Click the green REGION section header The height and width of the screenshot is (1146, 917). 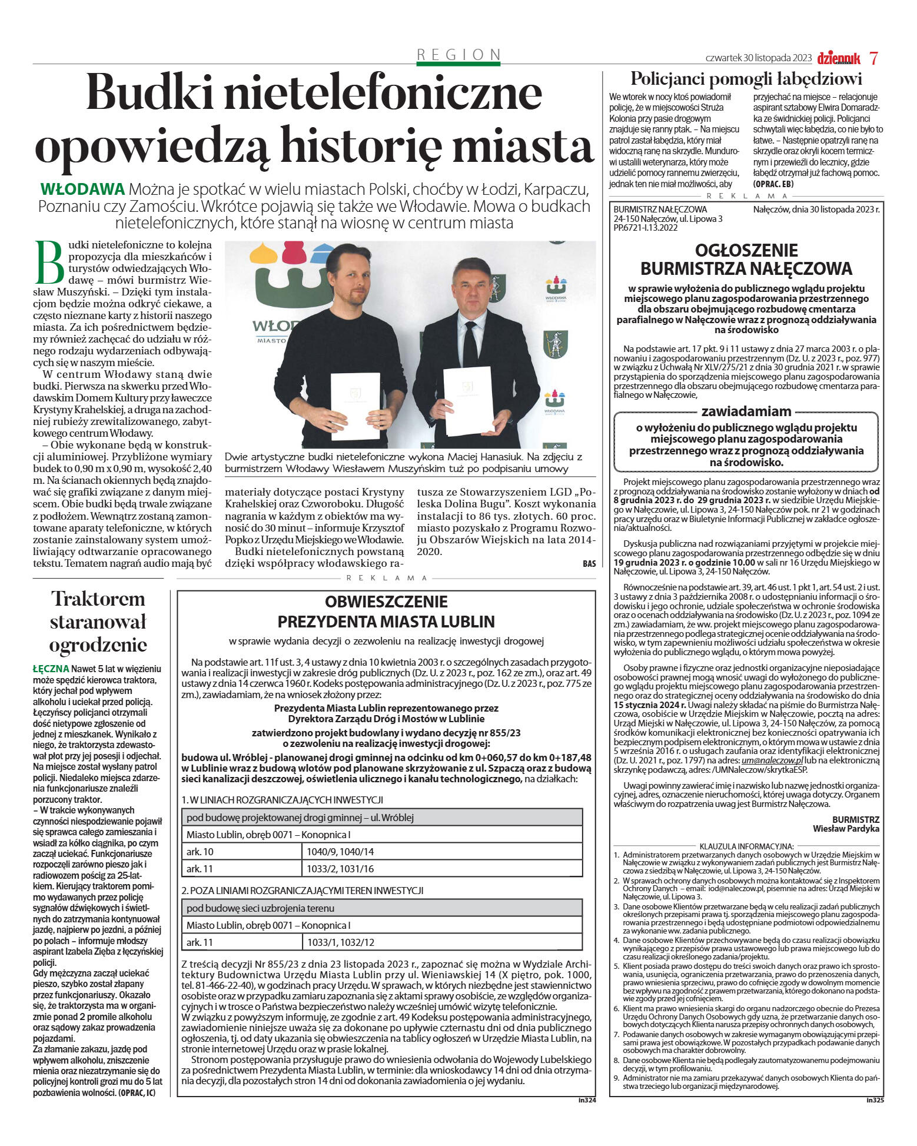(x=458, y=55)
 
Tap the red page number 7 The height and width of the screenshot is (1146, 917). (x=873, y=58)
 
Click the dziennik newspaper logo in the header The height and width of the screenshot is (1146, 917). (x=838, y=58)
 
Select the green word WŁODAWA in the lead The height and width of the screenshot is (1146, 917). (x=82, y=190)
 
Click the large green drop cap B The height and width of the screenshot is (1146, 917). (x=49, y=262)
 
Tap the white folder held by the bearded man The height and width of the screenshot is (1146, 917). (x=355, y=406)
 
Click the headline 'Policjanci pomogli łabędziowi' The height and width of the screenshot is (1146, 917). (x=746, y=79)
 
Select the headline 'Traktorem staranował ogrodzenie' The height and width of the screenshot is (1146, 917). (x=98, y=622)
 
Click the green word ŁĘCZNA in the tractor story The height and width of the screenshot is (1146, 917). (x=51, y=669)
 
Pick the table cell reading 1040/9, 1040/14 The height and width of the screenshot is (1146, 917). (x=340, y=852)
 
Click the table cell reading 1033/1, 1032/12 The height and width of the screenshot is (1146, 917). (x=340, y=942)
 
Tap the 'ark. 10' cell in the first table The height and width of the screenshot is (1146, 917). (x=200, y=852)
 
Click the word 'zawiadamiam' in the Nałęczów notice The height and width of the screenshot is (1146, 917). (x=746, y=411)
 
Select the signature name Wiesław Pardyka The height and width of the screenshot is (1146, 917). (x=846, y=828)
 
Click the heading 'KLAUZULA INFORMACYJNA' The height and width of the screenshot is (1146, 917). (x=746, y=846)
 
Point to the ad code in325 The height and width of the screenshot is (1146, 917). (x=875, y=1100)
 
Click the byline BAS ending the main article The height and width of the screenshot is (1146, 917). (x=589, y=564)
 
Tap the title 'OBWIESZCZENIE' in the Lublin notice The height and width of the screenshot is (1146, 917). (x=386, y=602)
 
